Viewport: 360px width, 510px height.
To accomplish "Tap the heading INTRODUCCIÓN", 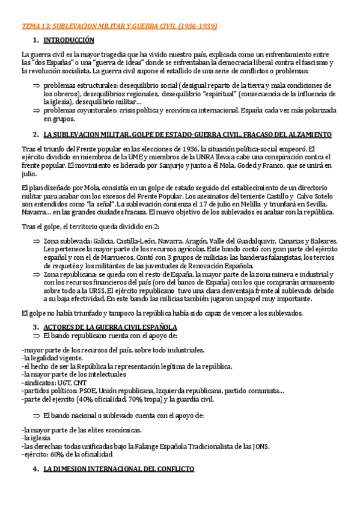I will click(69, 40).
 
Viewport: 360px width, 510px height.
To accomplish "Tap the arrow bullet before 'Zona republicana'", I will click(35, 274).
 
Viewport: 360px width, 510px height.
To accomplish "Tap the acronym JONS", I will click(260, 446).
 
